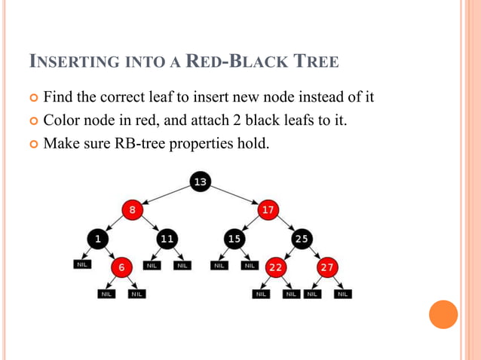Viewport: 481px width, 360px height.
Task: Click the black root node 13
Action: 201,182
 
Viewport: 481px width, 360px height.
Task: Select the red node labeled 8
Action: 133,210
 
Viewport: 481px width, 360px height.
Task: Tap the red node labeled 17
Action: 268,210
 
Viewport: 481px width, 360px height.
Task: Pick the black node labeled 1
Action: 97,239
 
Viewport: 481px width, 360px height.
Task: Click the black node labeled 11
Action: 167,239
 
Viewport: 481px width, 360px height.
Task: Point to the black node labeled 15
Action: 234,239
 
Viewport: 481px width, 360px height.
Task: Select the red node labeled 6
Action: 121,267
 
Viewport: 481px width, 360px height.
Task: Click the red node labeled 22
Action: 276,267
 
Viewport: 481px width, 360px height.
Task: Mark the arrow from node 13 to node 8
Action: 166,196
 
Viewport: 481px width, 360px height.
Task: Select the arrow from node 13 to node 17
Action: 235,196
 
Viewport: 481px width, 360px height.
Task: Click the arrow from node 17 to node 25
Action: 286,224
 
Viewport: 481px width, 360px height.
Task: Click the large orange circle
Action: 443,314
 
